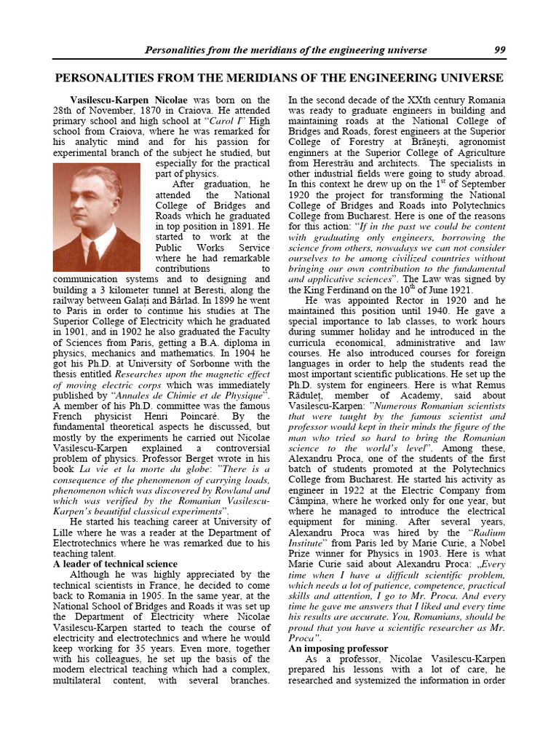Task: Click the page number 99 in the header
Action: pos(499,50)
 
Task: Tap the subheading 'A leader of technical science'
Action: pos(115,564)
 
